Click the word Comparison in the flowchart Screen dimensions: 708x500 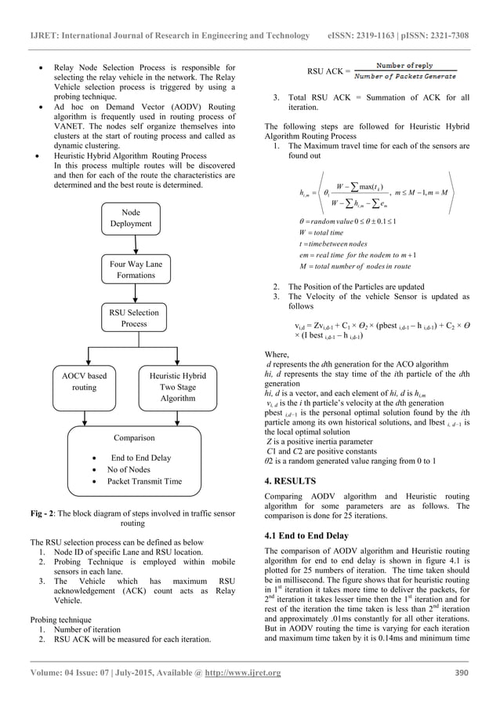click(132, 438)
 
